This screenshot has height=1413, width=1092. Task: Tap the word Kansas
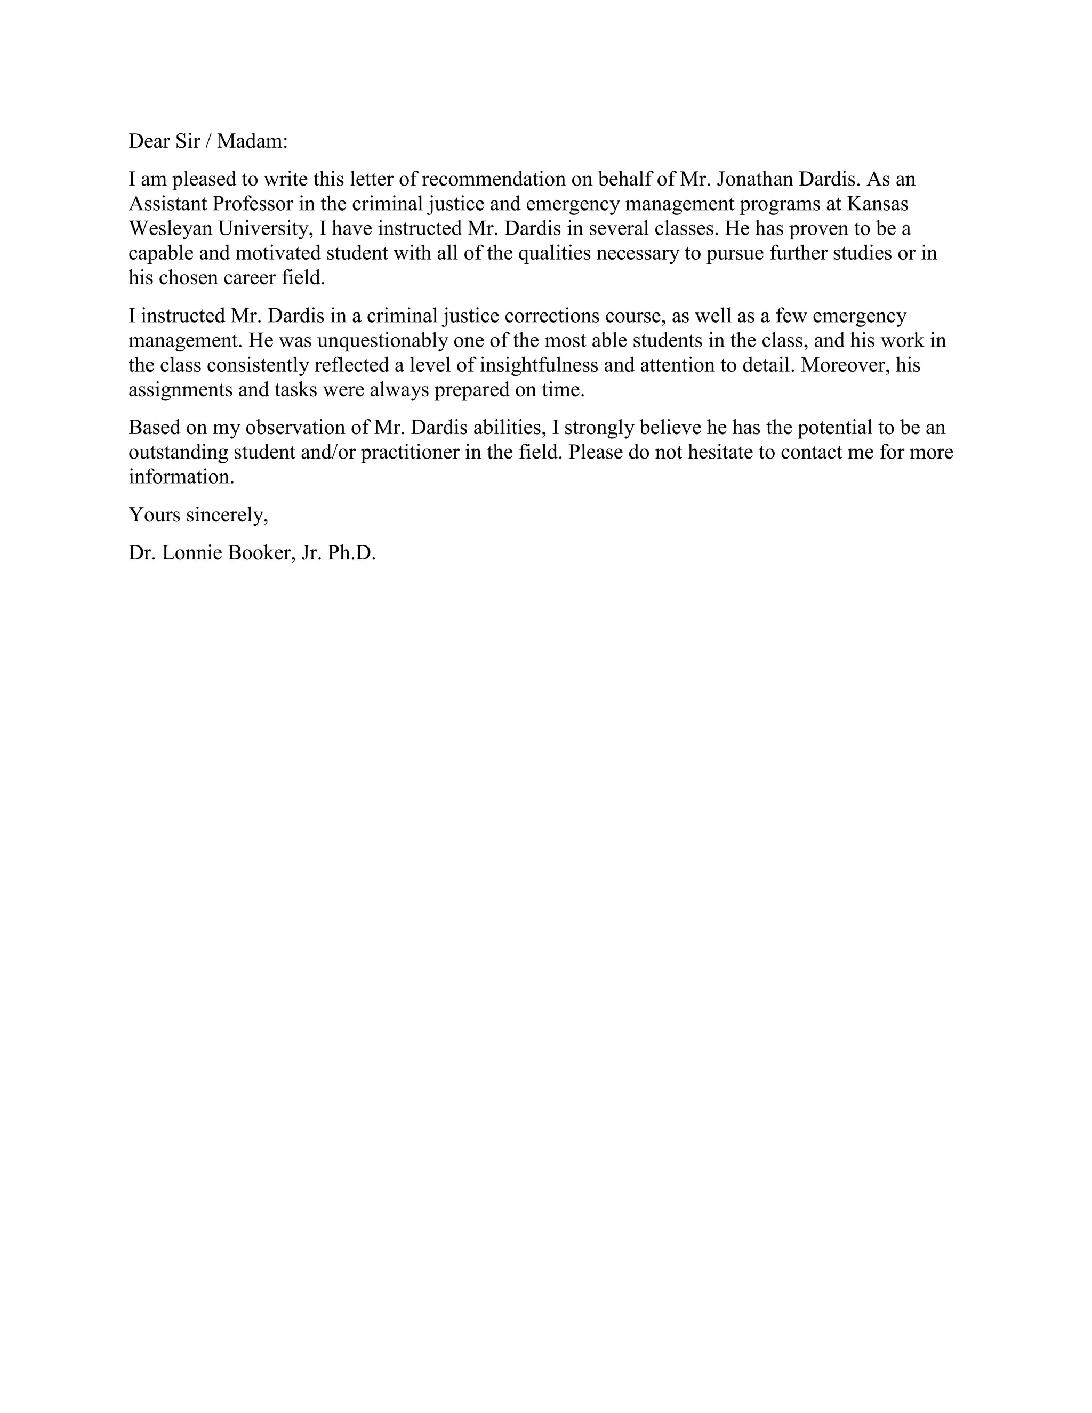[x=877, y=203]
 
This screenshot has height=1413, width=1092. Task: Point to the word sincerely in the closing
[x=227, y=515]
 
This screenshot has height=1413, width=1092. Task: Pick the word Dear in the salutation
[x=149, y=141]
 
